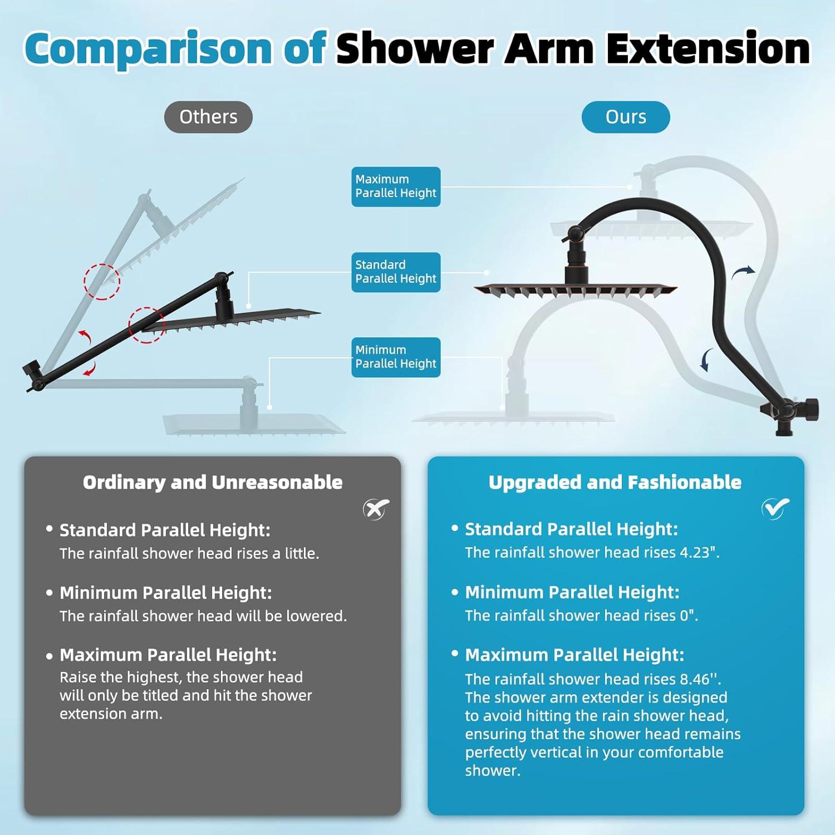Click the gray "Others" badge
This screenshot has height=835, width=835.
coord(208,117)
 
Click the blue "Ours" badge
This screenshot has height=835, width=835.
coord(626,117)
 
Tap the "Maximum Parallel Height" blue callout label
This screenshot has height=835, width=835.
coord(396,186)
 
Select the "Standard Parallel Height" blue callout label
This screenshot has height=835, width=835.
coord(396,272)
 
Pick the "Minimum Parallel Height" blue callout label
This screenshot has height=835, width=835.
coord(396,357)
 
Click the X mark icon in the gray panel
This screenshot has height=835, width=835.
coord(376,509)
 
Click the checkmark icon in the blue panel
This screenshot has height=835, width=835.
coord(775,508)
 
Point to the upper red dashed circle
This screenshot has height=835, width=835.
coord(102,282)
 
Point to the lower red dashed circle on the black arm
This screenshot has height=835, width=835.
coord(147,325)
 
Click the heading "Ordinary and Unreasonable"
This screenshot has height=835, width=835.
coord(213,482)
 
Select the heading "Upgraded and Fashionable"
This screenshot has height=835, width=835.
coord(615,482)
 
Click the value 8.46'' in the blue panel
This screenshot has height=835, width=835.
coord(700,679)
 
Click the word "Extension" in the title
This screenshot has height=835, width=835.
coord(708,48)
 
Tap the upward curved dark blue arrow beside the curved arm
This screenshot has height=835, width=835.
coord(743,272)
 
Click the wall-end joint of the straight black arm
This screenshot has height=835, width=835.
coord(35,375)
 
